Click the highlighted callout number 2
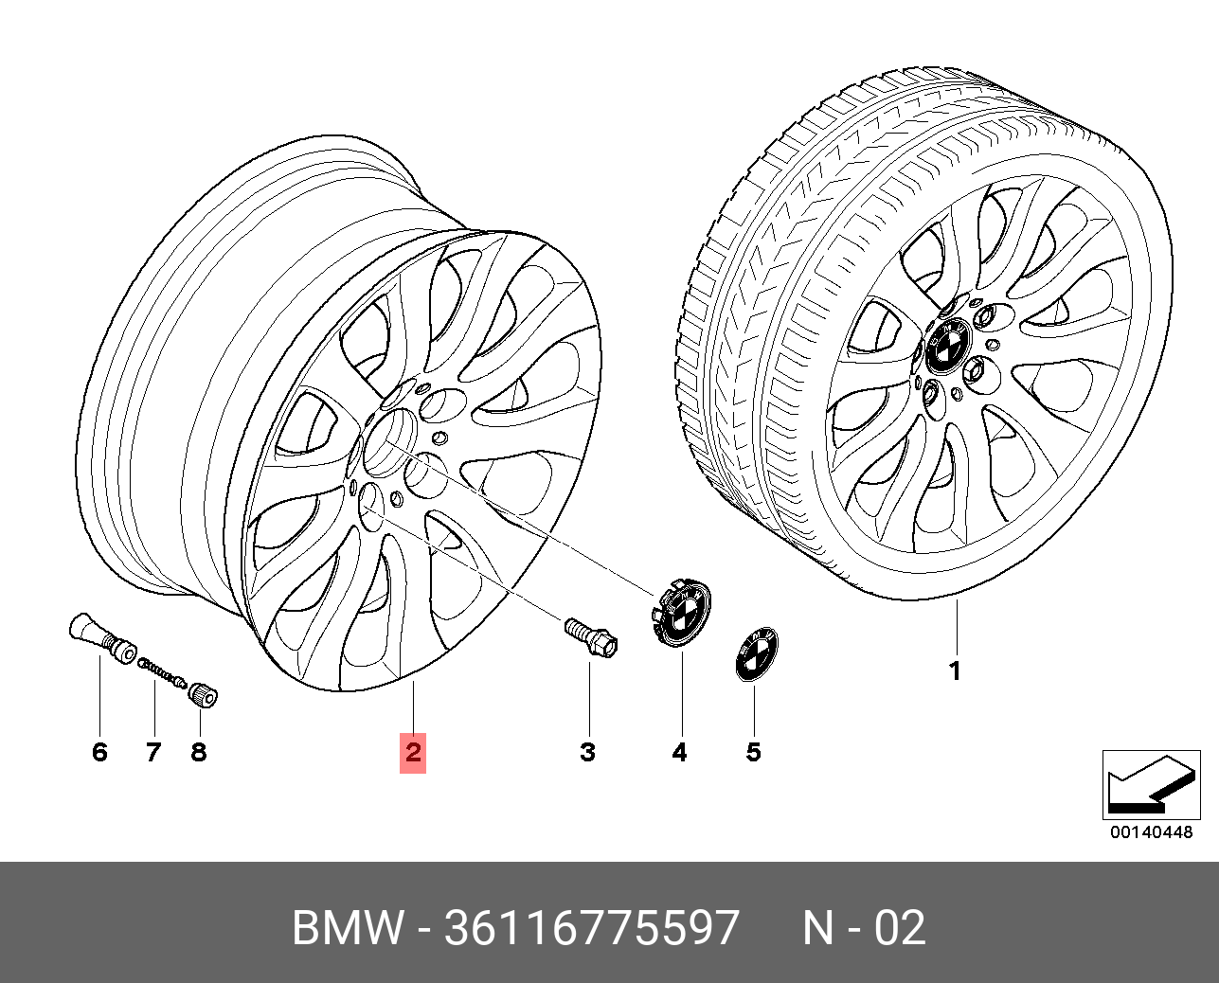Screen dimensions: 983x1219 [413, 753]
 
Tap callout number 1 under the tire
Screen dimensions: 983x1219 [955, 671]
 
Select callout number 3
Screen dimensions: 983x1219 [587, 753]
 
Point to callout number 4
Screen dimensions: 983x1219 [679, 753]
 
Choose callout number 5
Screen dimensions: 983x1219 [753, 753]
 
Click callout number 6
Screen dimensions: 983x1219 [99, 753]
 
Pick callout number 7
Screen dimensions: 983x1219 [153, 753]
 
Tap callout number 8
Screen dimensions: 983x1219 [198, 753]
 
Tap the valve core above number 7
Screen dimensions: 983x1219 [162, 673]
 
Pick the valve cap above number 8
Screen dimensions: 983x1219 [204, 695]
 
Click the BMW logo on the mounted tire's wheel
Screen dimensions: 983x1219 [944, 347]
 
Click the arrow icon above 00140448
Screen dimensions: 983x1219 [1145, 785]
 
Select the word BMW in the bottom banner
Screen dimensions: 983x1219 [348, 929]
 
